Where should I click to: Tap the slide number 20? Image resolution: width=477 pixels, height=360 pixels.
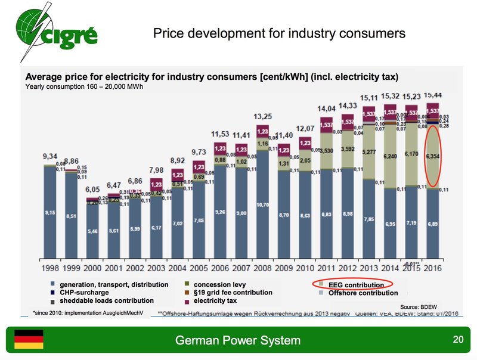pyautogui.click(x=458, y=340)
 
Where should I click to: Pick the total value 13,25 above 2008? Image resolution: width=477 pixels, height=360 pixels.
pyautogui.click(x=263, y=116)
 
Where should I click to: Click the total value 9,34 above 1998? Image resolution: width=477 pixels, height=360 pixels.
pyautogui.click(x=49, y=156)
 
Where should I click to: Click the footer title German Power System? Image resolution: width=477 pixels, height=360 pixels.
pyautogui.click(x=237, y=341)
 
